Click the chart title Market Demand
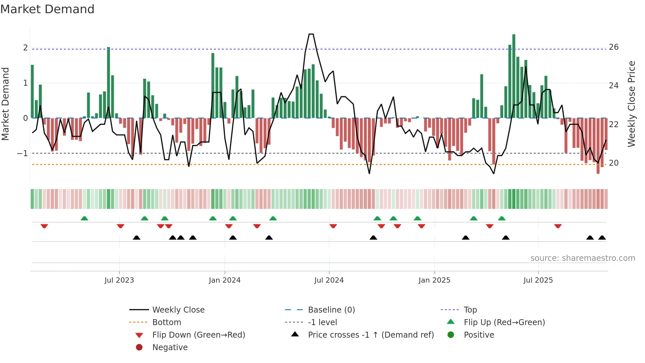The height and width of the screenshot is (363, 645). (x=47, y=9)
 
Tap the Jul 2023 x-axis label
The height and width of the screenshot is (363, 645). (x=119, y=280)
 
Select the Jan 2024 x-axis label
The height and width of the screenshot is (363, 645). (x=225, y=280)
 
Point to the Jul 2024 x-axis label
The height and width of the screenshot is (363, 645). (x=329, y=280)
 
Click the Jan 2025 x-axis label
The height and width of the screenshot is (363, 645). (x=434, y=280)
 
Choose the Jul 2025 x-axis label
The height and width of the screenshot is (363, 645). (x=538, y=280)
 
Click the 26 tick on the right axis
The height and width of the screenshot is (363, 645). (x=614, y=47)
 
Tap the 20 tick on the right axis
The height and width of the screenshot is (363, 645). (x=614, y=163)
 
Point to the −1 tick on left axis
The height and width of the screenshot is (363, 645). (x=22, y=154)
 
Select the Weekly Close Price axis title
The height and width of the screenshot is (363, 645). (x=632, y=104)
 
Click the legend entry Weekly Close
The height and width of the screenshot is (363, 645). (x=178, y=310)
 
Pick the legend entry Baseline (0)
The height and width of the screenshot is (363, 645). (x=331, y=310)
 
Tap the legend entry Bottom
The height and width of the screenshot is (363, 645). (x=167, y=322)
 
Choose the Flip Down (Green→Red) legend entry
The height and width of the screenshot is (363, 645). (x=198, y=335)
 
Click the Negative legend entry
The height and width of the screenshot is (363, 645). (x=170, y=348)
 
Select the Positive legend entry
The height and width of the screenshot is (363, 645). (x=479, y=335)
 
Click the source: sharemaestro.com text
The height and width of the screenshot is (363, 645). (x=582, y=258)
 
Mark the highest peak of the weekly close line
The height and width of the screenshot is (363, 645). (x=311, y=34)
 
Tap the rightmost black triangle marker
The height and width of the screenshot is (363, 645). (x=602, y=238)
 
